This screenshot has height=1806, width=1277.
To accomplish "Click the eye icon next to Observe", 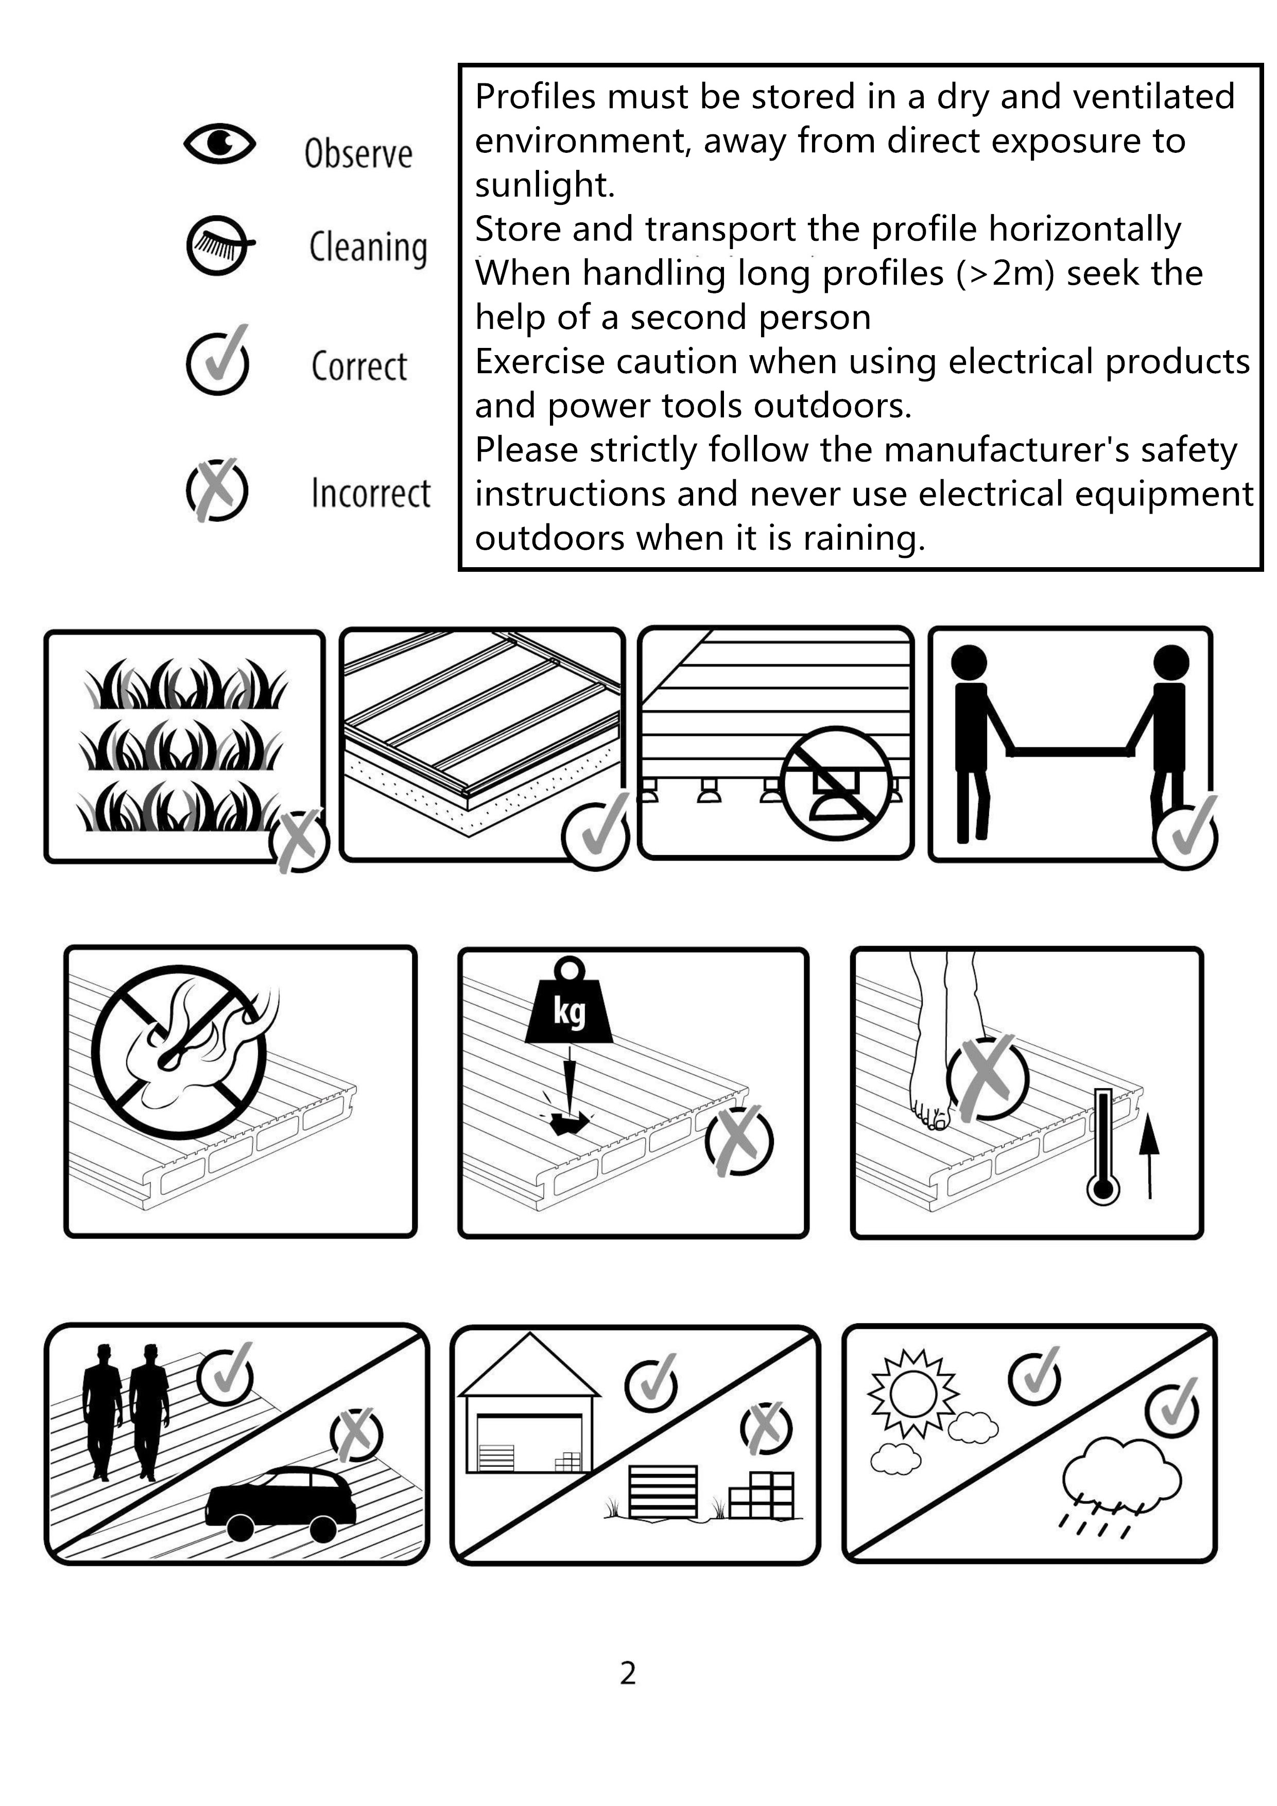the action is (x=219, y=144).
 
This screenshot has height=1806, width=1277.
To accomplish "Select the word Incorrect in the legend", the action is (x=371, y=493).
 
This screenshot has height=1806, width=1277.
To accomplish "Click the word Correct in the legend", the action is (x=359, y=366).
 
